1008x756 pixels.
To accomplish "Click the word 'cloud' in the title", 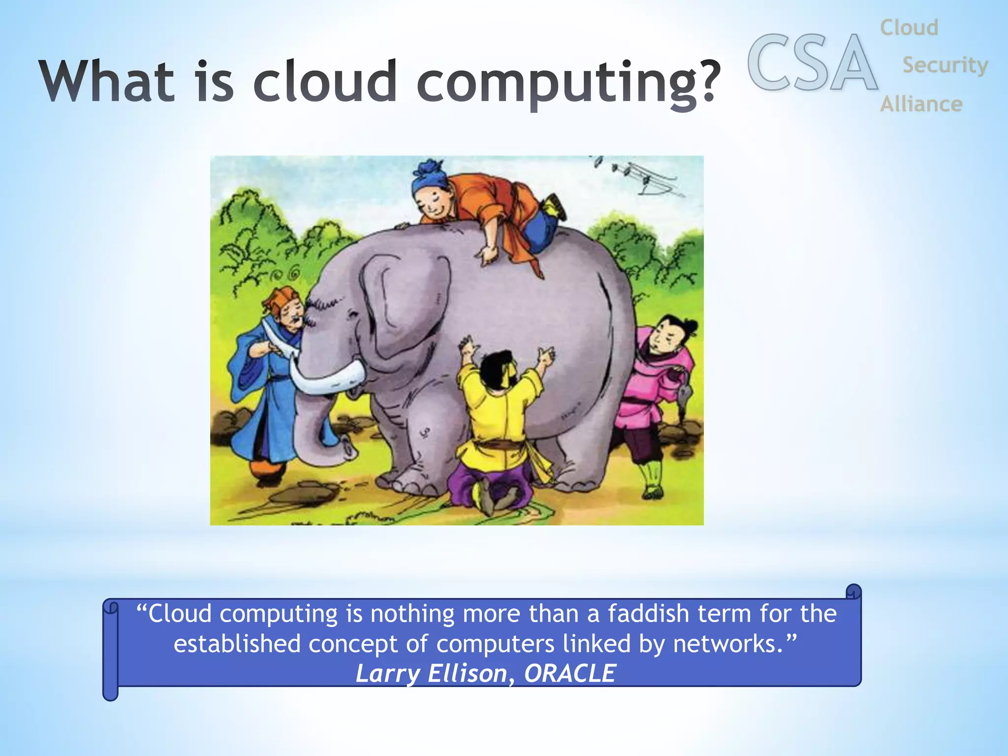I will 324,81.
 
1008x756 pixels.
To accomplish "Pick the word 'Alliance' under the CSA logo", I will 921,104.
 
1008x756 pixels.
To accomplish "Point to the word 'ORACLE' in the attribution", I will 569,673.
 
